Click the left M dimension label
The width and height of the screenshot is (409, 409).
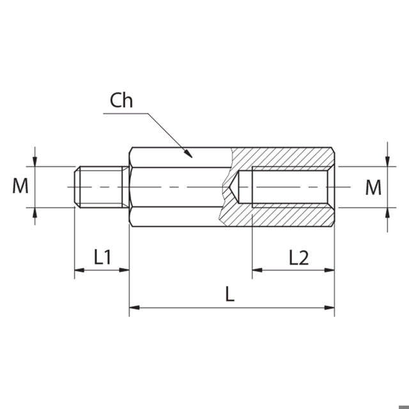pos(21,187)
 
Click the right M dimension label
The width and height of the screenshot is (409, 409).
pos(373,187)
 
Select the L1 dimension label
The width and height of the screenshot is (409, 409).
pos(103,258)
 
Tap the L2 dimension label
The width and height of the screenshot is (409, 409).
pos(298,258)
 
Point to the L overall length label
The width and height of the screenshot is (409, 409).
pos(230,295)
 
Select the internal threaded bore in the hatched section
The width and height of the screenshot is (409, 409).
pos(291,187)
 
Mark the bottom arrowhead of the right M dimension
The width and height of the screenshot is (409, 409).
pos(387,212)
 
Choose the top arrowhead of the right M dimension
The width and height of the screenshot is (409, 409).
pos(387,162)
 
